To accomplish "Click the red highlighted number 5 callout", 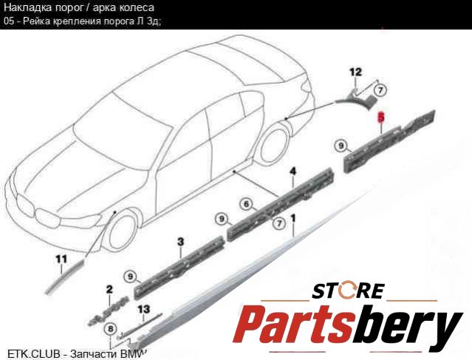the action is [x=381, y=117].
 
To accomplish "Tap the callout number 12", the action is [x=355, y=72].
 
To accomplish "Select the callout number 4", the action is [x=293, y=171].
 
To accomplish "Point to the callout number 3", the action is [x=180, y=242].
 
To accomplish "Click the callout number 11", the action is [x=61, y=259].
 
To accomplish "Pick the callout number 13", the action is [x=143, y=309].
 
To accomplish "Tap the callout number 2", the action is [x=109, y=290].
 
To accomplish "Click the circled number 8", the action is [x=111, y=329].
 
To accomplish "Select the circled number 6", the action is [x=247, y=204].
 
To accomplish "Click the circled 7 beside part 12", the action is [x=380, y=90].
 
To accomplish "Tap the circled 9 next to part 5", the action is [x=341, y=146].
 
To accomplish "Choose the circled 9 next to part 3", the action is [x=130, y=276].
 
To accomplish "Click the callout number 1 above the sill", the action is [x=293, y=218].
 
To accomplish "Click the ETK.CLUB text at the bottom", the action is [x=34, y=354].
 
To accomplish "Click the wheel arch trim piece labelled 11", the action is [x=64, y=277].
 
